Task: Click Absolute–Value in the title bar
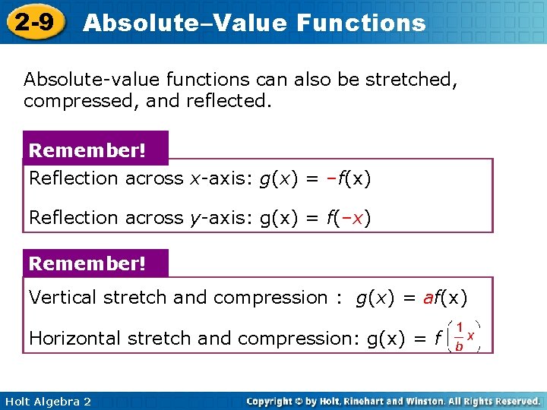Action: point(183,23)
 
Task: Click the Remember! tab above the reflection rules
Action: point(87,150)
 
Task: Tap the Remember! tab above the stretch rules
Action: point(87,263)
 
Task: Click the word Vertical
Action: point(63,298)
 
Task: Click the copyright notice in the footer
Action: point(393,401)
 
